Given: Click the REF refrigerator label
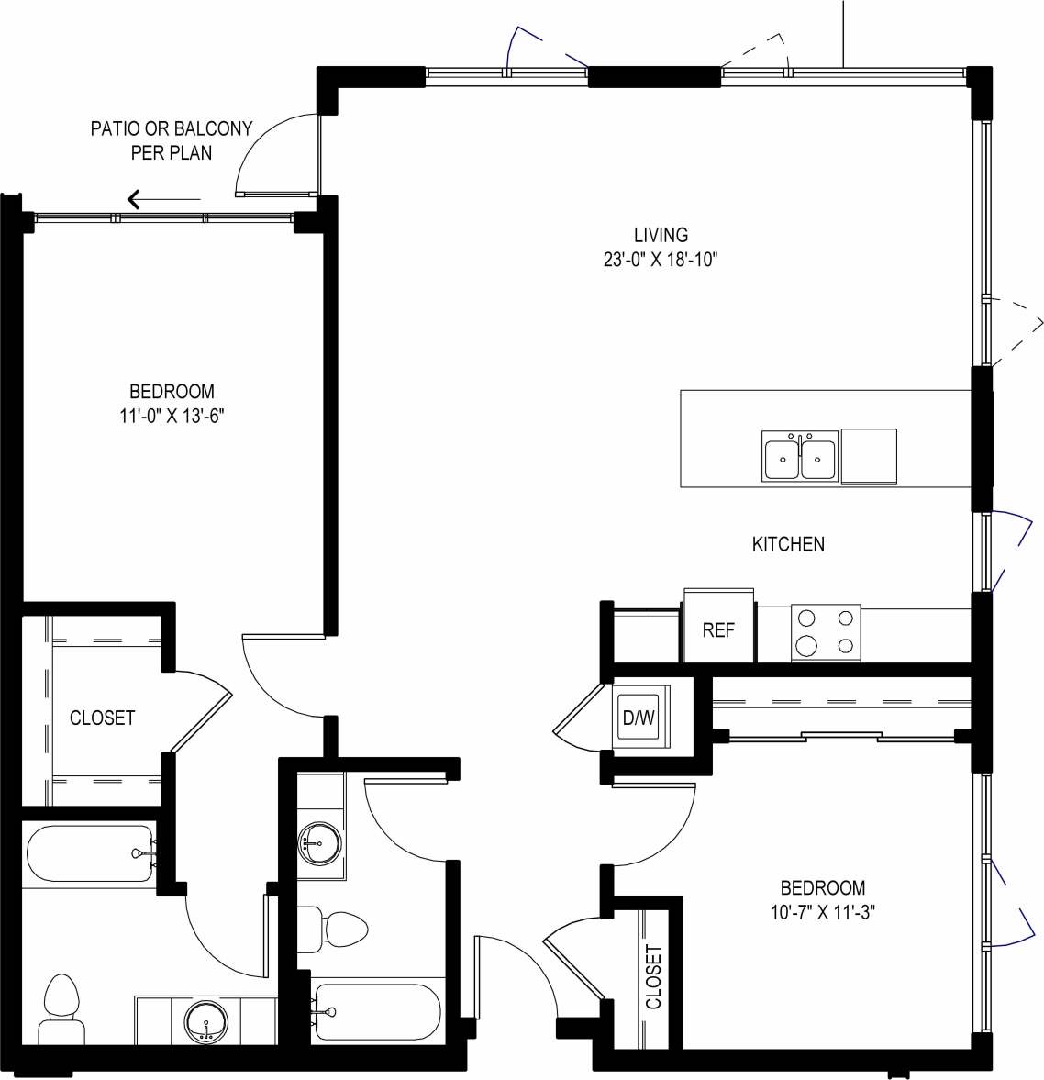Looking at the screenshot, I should pyautogui.click(x=717, y=630).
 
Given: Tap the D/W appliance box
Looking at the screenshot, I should pyautogui.click(x=639, y=718).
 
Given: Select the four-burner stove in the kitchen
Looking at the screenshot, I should pyautogui.click(x=826, y=632).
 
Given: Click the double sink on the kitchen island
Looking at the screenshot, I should pyautogui.click(x=799, y=456).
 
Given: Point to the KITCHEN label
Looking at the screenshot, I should pyautogui.click(x=788, y=544).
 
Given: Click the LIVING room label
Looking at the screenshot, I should pyautogui.click(x=660, y=236).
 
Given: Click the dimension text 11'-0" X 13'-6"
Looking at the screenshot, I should pyautogui.click(x=172, y=416).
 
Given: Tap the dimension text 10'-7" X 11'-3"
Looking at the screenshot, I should pyautogui.click(x=822, y=912).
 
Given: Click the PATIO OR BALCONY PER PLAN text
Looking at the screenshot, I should pyautogui.click(x=171, y=140).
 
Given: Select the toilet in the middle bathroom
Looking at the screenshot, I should pyautogui.click(x=334, y=930).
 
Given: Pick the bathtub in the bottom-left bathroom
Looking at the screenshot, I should pyautogui.click(x=89, y=854).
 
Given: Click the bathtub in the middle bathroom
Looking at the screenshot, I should pyautogui.click(x=377, y=1013).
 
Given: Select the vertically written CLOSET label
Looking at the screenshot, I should pyautogui.click(x=653, y=977).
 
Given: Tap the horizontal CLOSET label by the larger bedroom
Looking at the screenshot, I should pyautogui.click(x=102, y=718).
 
